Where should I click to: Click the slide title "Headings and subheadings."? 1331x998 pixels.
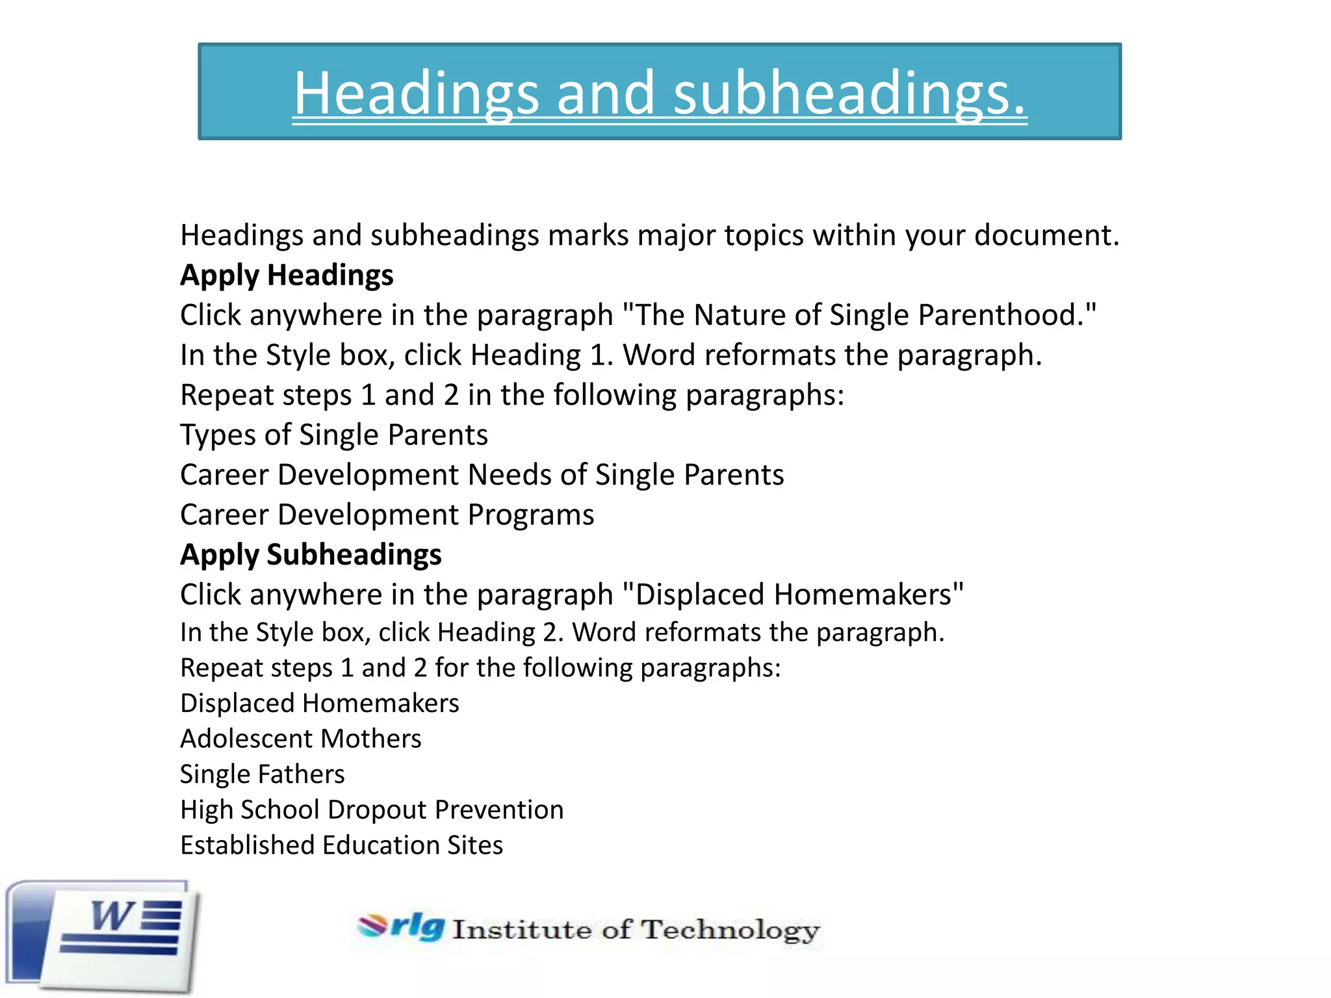[x=660, y=92]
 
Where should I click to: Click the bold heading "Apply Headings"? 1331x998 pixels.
[x=287, y=275]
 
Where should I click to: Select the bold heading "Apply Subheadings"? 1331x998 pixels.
[x=311, y=555]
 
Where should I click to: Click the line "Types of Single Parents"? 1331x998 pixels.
[x=333, y=435]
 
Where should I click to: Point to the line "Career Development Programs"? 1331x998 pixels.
[x=387, y=515]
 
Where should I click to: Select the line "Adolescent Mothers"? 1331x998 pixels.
[x=300, y=739]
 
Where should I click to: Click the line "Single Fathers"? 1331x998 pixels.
[x=262, y=774]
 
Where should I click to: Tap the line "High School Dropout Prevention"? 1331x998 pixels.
[x=372, y=810]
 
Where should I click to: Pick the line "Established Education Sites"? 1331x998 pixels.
[x=341, y=845]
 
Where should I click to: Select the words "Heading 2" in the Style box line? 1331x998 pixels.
[x=499, y=632]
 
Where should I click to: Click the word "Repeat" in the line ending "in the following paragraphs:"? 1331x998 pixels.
[x=220, y=395]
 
